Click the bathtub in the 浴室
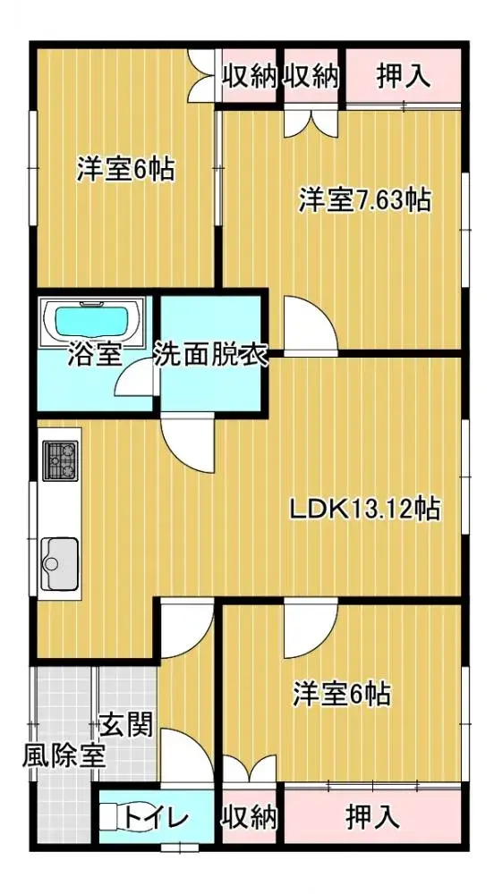[94, 320]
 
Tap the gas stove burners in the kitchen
[61, 460]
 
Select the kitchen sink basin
[60, 560]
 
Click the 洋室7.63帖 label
[365, 199]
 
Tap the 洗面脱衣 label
[212, 356]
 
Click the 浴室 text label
[94, 356]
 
